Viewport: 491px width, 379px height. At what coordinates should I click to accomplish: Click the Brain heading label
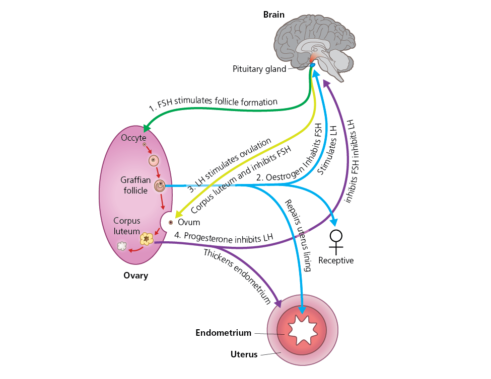[274, 15]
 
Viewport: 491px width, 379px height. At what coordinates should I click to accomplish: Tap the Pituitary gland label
[259, 69]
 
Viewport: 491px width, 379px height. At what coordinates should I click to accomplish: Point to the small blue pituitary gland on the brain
[312, 65]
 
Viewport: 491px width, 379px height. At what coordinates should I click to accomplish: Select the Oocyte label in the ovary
[133, 137]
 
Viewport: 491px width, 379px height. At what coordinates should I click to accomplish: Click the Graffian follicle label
[134, 184]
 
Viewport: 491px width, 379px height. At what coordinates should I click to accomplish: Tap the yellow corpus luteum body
[147, 238]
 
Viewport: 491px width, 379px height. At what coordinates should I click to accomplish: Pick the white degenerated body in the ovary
[122, 246]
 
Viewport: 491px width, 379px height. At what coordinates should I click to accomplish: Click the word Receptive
[336, 260]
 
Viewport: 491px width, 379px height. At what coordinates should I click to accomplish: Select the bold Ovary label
[135, 275]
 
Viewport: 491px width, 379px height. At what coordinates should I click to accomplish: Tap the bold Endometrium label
[223, 333]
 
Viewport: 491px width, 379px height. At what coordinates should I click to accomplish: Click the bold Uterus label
[244, 354]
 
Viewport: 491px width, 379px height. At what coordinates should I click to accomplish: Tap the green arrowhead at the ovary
[147, 129]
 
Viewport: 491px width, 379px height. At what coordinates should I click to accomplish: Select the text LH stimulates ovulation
[230, 163]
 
